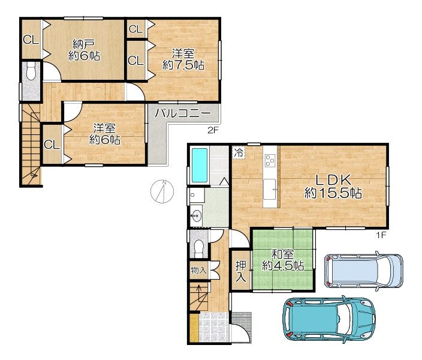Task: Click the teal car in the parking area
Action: [x=328, y=320]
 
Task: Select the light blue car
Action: [x=364, y=271]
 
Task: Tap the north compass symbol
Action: [x=162, y=191]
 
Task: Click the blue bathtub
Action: [x=200, y=165]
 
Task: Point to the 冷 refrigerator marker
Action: [x=238, y=153]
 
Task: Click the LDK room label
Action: [x=333, y=186]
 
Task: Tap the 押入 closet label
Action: [x=240, y=271]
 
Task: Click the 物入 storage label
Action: [x=198, y=270]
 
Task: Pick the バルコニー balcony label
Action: [x=183, y=113]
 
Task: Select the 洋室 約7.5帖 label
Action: [x=183, y=59]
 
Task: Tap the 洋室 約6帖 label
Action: [x=104, y=134]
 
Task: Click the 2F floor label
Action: [x=212, y=131]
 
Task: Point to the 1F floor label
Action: [x=381, y=235]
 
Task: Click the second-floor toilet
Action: [x=31, y=71]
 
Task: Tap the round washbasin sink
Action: [x=197, y=215]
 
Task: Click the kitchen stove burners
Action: [x=270, y=160]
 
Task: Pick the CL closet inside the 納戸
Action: [x=31, y=40]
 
